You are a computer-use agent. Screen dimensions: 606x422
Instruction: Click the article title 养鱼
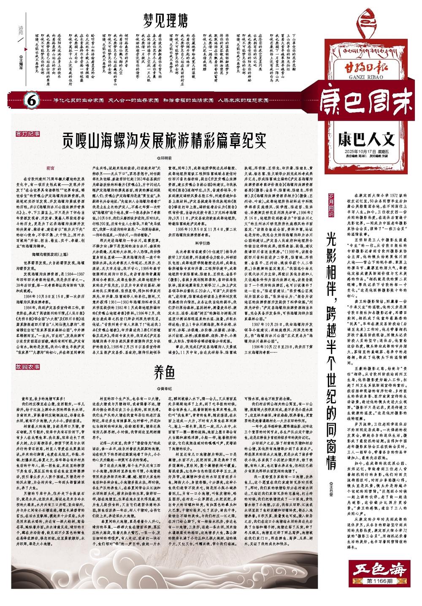click(x=165, y=373)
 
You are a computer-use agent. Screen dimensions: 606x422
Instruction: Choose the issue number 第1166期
click(x=377, y=581)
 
